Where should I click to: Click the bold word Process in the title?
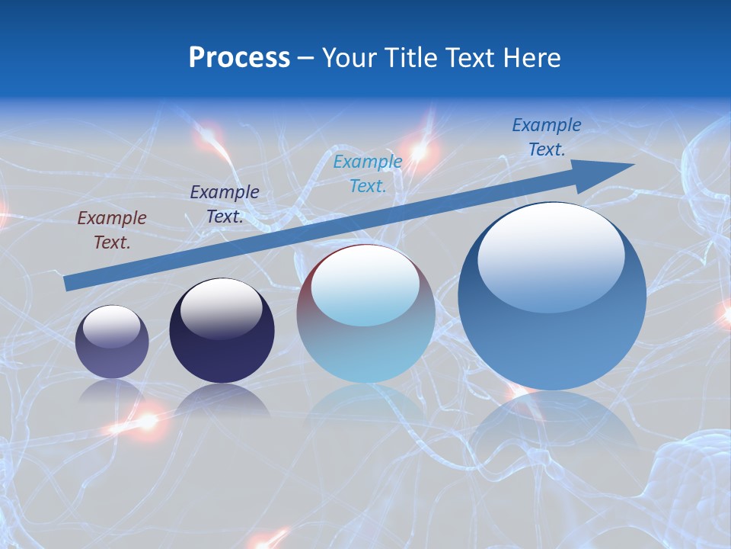click(x=239, y=58)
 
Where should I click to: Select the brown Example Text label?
click(x=112, y=230)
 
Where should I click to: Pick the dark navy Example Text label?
click(x=225, y=204)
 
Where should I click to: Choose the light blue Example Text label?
click(x=368, y=173)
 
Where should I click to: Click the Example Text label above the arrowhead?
click(x=547, y=137)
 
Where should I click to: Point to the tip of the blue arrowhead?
click(x=634, y=165)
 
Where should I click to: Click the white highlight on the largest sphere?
click(x=551, y=255)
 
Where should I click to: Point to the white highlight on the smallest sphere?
click(x=112, y=326)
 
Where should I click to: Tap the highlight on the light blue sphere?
click(x=365, y=285)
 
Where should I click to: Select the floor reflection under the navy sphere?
click(x=222, y=400)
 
